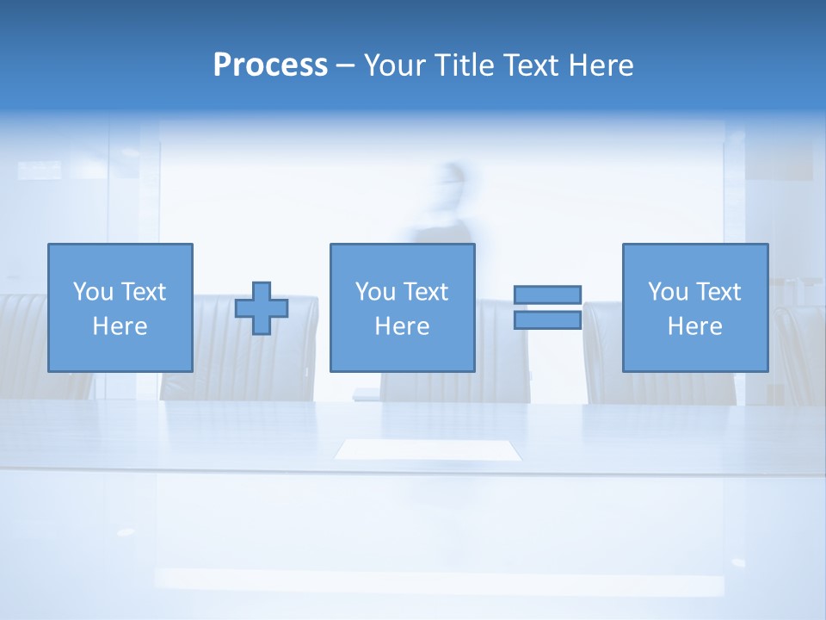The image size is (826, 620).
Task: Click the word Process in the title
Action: pyautogui.click(x=270, y=65)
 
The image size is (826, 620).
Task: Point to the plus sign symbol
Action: pyautogui.click(x=262, y=308)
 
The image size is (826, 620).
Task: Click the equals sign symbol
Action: pyautogui.click(x=547, y=307)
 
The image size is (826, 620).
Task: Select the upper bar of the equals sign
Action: pyautogui.click(x=547, y=294)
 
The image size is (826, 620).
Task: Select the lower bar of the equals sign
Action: pyautogui.click(x=547, y=320)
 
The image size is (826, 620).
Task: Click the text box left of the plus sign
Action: pyautogui.click(x=120, y=307)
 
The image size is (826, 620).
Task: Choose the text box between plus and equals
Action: pyautogui.click(x=402, y=307)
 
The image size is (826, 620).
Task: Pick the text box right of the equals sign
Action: pyautogui.click(x=694, y=307)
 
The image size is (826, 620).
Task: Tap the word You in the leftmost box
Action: pyautogui.click(x=92, y=292)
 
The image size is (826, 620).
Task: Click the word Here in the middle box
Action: pyautogui.click(x=402, y=326)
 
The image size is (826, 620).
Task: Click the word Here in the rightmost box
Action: pyautogui.click(x=694, y=326)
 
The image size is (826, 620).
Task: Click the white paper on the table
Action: pyautogui.click(x=428, y=449)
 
